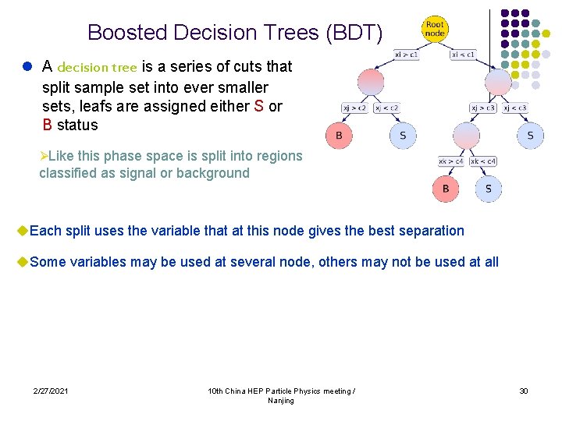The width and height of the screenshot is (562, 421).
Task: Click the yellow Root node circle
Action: click(435, 30)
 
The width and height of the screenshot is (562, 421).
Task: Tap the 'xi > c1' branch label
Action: click(407, 55)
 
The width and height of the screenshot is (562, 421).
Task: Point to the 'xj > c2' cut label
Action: click(355, 108)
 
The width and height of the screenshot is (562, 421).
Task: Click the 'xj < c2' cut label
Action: click(386, 108)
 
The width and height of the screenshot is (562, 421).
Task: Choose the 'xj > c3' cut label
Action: click(482, 108)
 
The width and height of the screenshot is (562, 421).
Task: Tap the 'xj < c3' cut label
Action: click(514, 108)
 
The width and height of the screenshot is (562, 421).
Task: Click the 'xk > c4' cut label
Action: click(451, 161)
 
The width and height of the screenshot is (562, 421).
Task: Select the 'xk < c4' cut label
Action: click(483, 161)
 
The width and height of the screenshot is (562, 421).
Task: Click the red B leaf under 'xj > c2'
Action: click(339, 136)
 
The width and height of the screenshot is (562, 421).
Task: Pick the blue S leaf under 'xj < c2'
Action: click(403, 136)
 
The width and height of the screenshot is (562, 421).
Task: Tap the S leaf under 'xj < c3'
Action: click(530, 136)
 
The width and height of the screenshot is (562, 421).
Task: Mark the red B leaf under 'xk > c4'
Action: click(446, 189)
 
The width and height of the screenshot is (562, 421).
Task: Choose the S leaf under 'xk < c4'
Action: click(489, 189)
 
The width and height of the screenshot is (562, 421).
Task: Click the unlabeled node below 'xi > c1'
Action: click(371, 82)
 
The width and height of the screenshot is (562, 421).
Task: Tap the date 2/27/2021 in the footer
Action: click(50, 391)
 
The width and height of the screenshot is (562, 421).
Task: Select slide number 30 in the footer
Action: click(524, 391)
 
